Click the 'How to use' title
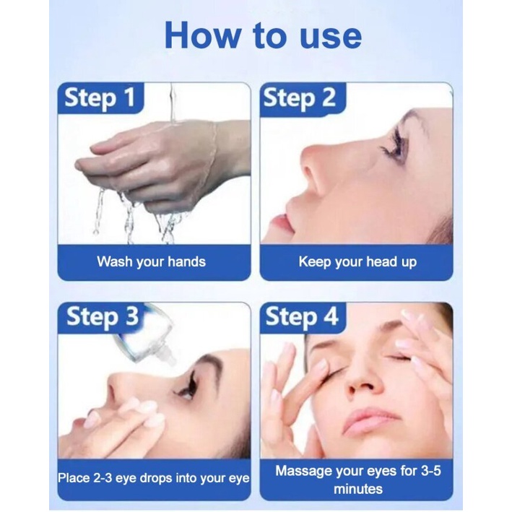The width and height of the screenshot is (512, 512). (x=263, y=35)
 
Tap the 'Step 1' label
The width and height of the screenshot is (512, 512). (x=100, y=97)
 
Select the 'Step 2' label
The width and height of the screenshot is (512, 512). (x=300, y=98)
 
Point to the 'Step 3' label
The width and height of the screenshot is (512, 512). (x=103, y=317)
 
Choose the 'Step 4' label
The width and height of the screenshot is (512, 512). (x=302, y=317)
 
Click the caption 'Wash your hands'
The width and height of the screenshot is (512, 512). (x=151, y=262)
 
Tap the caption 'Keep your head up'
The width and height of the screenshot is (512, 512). (x=357, y=262)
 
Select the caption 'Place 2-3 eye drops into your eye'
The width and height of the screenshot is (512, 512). (x=154, y=478)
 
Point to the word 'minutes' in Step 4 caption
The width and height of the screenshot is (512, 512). (x=358, y=489)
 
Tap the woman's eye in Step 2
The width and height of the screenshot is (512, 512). (x=394, y=146)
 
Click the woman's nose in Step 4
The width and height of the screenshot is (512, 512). (x=363, y=379)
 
